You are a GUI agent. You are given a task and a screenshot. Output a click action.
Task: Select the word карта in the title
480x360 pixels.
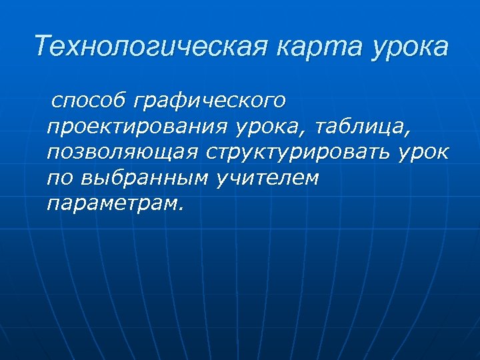[312, 47]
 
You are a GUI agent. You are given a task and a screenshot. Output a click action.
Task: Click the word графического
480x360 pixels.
[210, 102]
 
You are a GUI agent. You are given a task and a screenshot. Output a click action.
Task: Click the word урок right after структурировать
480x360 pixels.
[424, 152]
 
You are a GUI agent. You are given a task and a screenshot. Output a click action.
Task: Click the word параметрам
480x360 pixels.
[111, 203]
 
